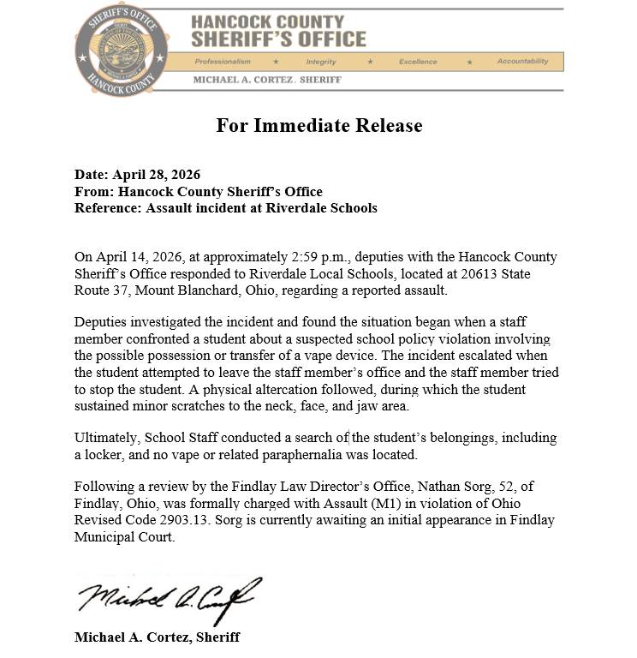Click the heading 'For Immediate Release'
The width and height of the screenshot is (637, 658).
(x=318, y=126)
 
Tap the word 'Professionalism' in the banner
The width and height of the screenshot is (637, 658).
(x=223, y=62)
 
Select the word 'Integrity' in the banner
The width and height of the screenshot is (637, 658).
(x=321, y=62)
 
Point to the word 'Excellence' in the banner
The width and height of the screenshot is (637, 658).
(x=418, y=62)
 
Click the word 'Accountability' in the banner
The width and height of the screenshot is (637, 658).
(x=522, y=62)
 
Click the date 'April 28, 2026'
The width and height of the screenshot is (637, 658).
(x=157, y=176)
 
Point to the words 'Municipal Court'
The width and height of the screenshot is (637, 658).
(x=124, y=538)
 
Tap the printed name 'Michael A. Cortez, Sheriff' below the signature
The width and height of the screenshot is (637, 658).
(x=157, y=637)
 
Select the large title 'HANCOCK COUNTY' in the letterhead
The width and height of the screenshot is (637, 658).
(x=267, y=22)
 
